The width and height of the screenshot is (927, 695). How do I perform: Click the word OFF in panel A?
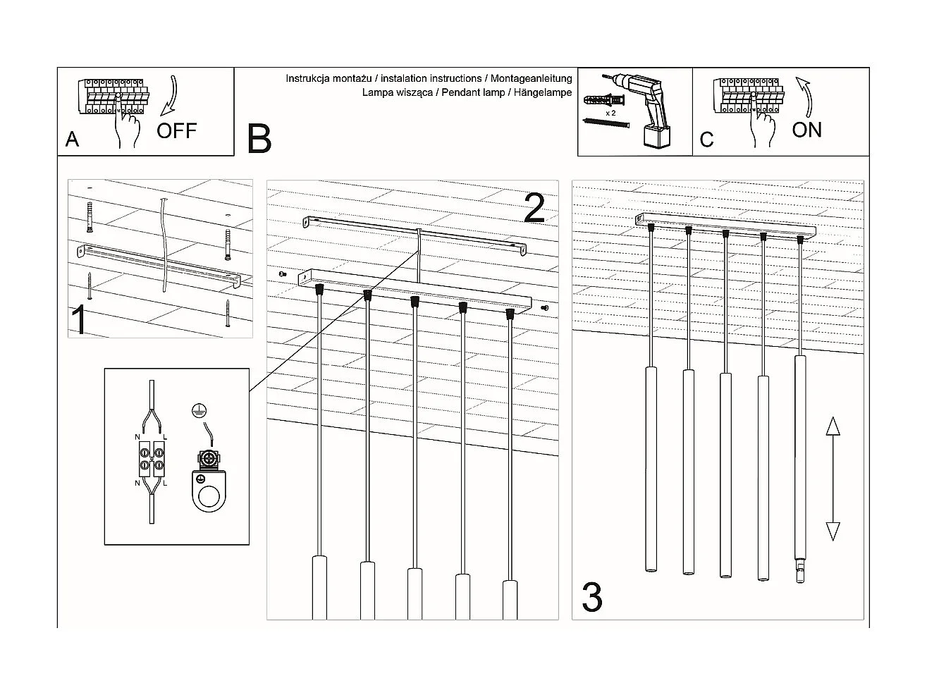pyautogui.click(x=176, y=130)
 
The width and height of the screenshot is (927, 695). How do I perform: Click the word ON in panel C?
pyautogui.click(x=806, y=130)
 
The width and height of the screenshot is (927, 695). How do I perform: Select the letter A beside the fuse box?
pyautogui.click(x=72, y=140)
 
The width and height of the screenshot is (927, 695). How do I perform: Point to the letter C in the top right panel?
pyautogui.click(x=706, y=140)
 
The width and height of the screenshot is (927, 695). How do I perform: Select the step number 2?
pyautogui.click(x=534, y=208)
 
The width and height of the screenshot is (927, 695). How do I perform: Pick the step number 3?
pyautogui.click(x=592, y=597)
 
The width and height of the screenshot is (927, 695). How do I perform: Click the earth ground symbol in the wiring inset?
pyautogui.click(x=198, y=410)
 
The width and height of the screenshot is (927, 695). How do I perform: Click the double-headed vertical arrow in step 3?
pyautogui.click(x=833, y=479)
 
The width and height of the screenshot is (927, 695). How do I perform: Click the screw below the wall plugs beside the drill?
pyautogui.click(x=606, y=123)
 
